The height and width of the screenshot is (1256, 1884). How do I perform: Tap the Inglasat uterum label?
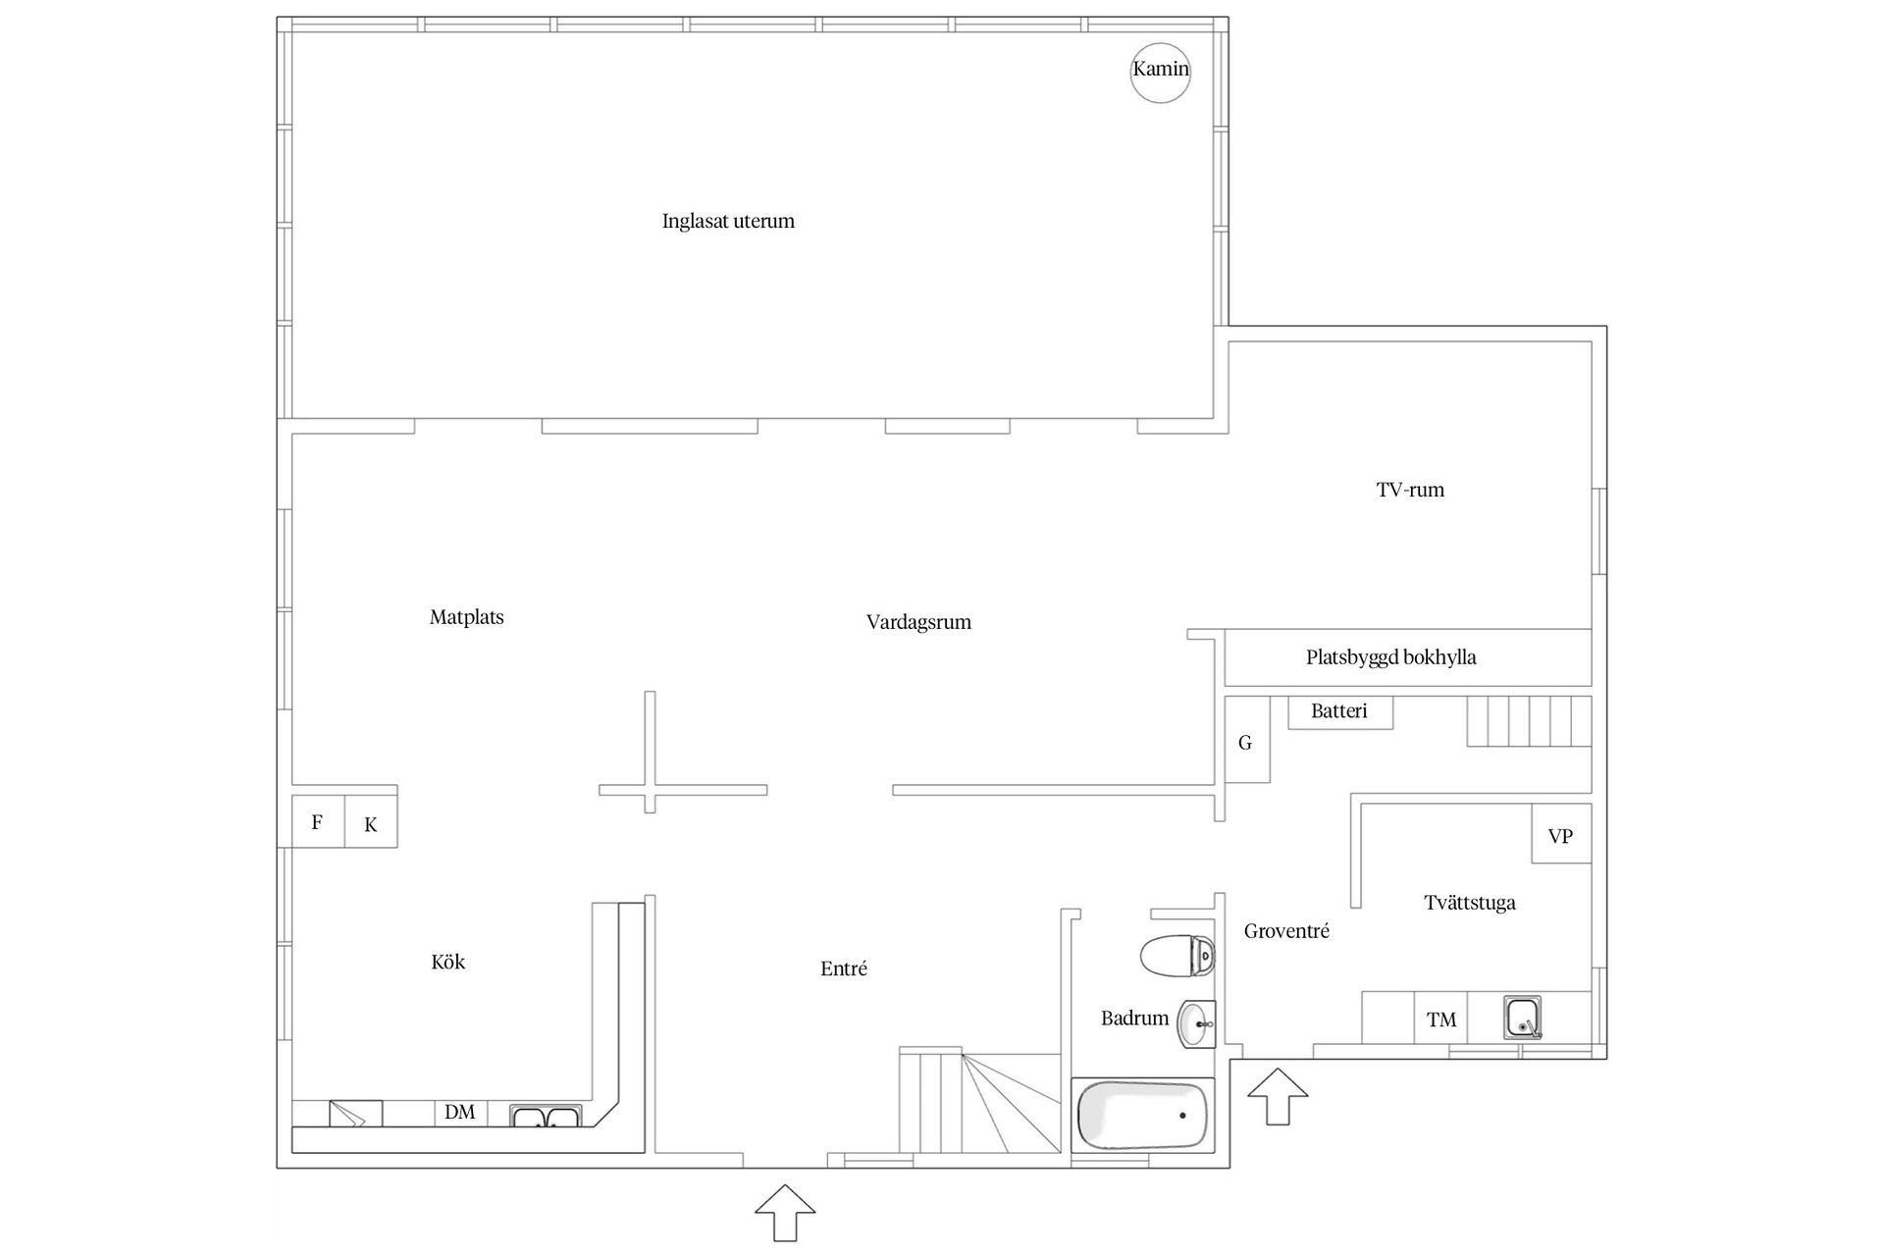click(x=728, y=221)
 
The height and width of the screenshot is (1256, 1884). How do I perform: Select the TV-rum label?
click(x=1410, y=490)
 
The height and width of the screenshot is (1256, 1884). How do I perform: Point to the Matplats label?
click(x=467, y=617)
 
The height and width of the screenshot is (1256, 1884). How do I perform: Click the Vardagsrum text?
click(x=918, y=622)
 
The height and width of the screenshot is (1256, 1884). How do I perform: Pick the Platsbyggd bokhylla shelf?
click(x=1408, y=657)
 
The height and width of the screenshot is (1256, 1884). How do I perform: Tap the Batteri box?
click(x=1339, y=711)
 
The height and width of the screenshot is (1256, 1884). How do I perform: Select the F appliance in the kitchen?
click(x=318, y=820)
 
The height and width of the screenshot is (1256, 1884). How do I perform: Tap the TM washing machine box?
click(x=1441, y=1020)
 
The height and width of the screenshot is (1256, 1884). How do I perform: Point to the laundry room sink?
click(x=1523, y=1018)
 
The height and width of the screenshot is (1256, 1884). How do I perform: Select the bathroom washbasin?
click(x=1197, y=1024)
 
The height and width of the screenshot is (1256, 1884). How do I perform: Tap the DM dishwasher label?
click(x=460, y=1112)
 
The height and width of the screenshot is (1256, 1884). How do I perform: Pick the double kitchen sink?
click(x=546, y=1116)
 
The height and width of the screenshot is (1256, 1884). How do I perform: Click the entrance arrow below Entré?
click(x=785, y=1213)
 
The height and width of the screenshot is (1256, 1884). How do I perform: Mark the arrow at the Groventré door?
click(x=1278, y=1096)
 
